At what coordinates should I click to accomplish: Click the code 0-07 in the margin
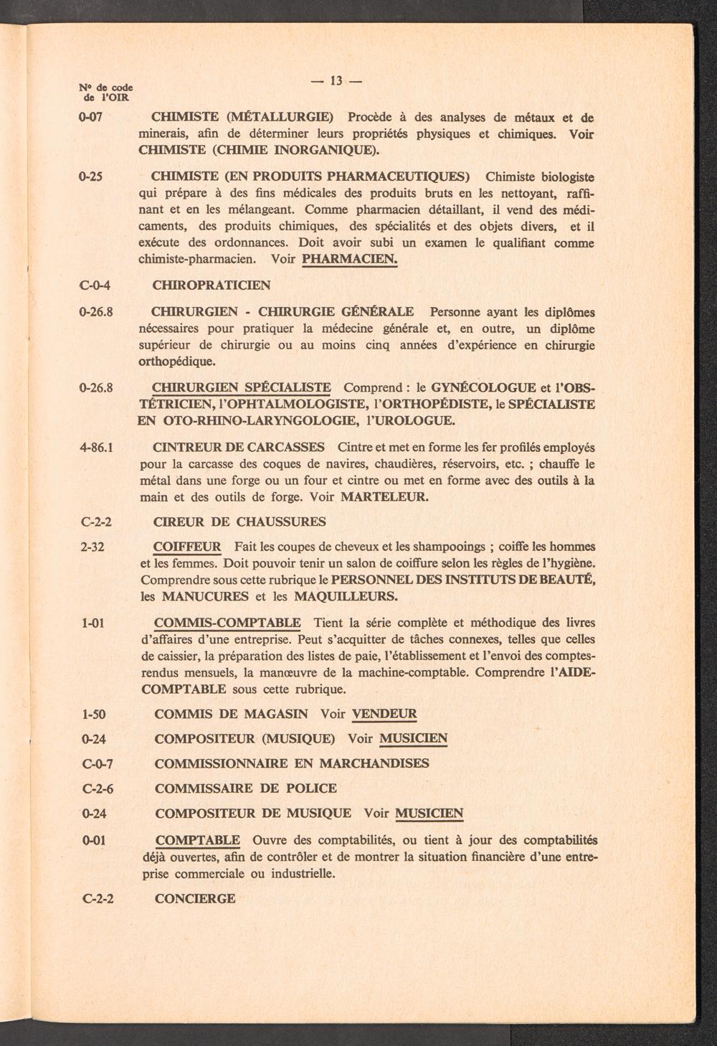95,117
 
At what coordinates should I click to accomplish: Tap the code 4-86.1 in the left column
100,447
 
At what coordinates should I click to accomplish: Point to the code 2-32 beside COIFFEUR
94,547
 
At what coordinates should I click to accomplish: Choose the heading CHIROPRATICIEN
212,285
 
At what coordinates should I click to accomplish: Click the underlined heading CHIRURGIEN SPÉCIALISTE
242,387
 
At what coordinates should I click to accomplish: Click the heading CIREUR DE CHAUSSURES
240,522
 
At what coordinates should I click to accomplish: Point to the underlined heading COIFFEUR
188,547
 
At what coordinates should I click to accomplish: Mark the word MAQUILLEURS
342,596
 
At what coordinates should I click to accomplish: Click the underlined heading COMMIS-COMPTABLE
228,622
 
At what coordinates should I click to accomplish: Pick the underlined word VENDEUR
385,714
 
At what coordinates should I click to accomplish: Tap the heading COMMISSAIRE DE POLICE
246,788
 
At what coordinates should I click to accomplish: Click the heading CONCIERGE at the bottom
195,898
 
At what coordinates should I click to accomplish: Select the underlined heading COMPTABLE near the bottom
198,840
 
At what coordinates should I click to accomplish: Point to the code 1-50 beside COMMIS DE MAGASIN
95,714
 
